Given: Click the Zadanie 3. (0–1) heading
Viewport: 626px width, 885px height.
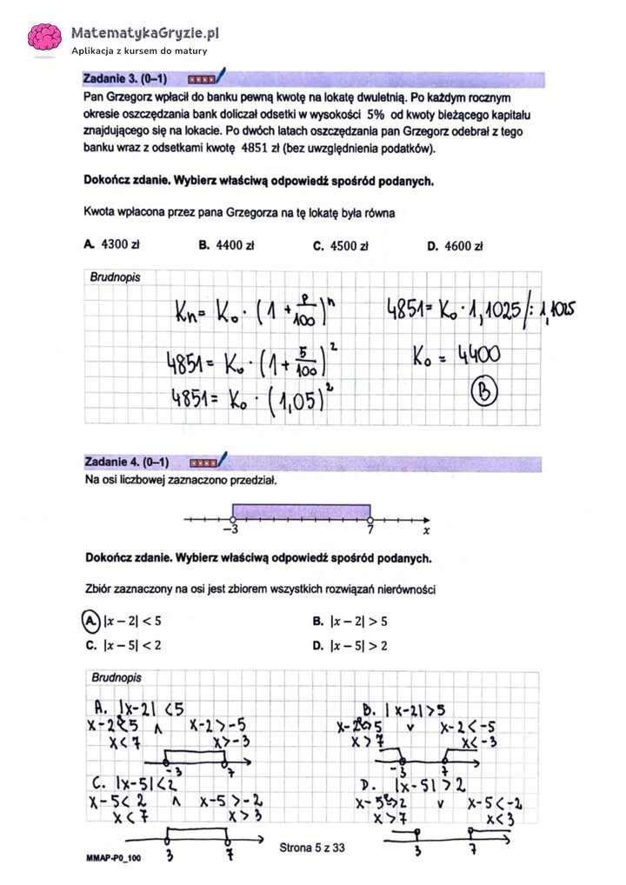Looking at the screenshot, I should coord(119,80).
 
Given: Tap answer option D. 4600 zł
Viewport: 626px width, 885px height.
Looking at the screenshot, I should coord(455,246).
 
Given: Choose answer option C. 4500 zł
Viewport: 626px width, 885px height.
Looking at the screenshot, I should coord(341,246).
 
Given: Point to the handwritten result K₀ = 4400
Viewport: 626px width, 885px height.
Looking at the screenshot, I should coord(456,354).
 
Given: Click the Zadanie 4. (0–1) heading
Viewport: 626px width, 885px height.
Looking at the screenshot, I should coord(127,462).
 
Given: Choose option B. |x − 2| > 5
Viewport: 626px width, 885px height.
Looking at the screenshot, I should coord(350,622).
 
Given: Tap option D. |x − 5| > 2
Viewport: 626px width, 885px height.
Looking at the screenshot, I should coord(350,645).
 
